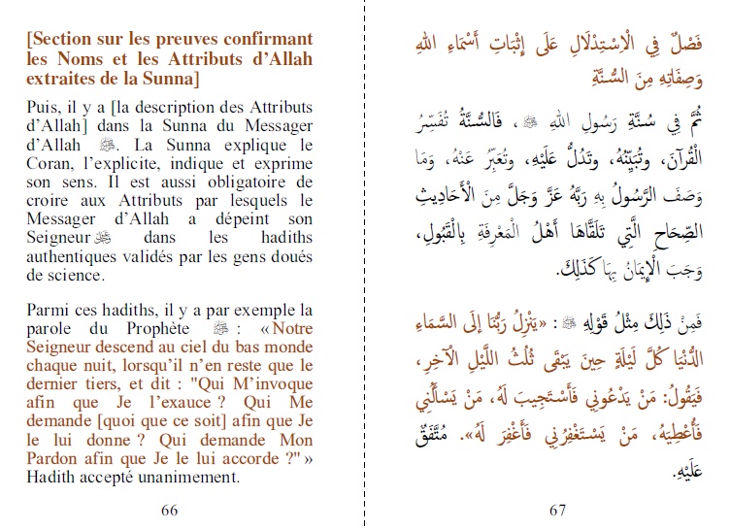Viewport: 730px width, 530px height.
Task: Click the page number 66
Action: coord(169,510)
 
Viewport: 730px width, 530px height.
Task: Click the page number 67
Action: coord(557,510)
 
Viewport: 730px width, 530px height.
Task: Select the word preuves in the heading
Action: coord(172,40)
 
